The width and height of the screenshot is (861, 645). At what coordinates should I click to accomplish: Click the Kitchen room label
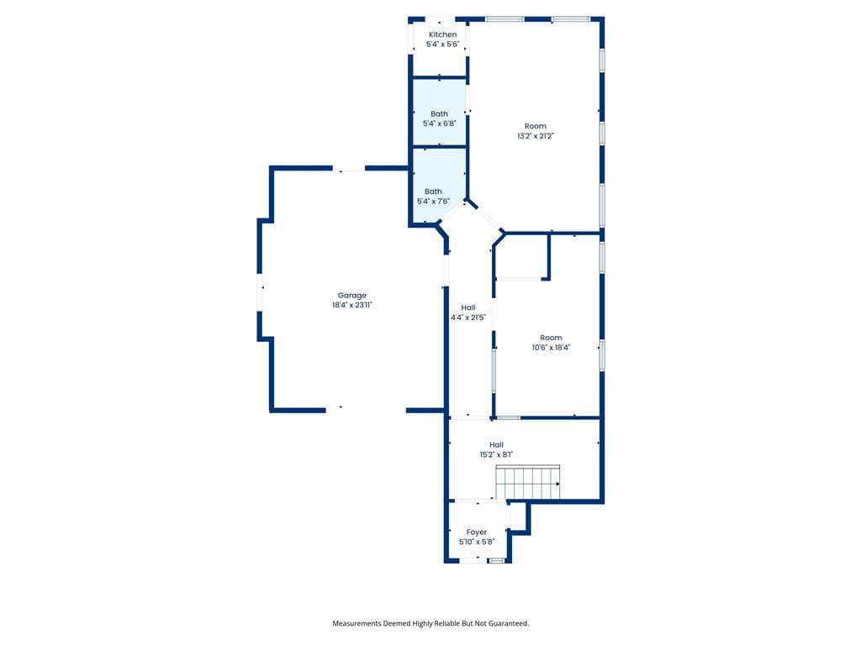coord(442,34)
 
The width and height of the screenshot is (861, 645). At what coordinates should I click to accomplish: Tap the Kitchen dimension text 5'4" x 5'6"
coord(442,45)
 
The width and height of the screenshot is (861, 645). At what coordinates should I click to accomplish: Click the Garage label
coord(352,295)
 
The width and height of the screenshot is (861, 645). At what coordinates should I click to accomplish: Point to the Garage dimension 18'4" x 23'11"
coord(352,305)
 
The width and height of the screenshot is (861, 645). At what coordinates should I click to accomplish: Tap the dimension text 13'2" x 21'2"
coord(536,136)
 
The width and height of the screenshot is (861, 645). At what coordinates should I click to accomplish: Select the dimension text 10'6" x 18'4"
coord(552,348)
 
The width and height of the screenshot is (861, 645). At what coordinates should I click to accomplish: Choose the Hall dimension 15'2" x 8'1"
coord(496,454)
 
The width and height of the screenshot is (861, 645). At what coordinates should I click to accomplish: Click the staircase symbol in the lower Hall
coord(528,482)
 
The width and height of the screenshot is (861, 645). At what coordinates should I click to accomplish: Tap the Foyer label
coord(477,532)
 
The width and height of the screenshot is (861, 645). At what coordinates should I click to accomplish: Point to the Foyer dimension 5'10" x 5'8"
coord(477,542)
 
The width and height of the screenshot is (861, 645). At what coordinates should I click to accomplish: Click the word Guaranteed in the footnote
coord(509,624)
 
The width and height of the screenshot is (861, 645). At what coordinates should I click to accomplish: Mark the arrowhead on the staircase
coord(558,484)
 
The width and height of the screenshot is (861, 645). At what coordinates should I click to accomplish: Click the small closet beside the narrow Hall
coord(521,257)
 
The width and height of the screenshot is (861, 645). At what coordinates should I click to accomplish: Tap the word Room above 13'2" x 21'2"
coord(536,126)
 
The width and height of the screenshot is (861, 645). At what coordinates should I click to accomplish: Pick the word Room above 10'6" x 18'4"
coord(552,338)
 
